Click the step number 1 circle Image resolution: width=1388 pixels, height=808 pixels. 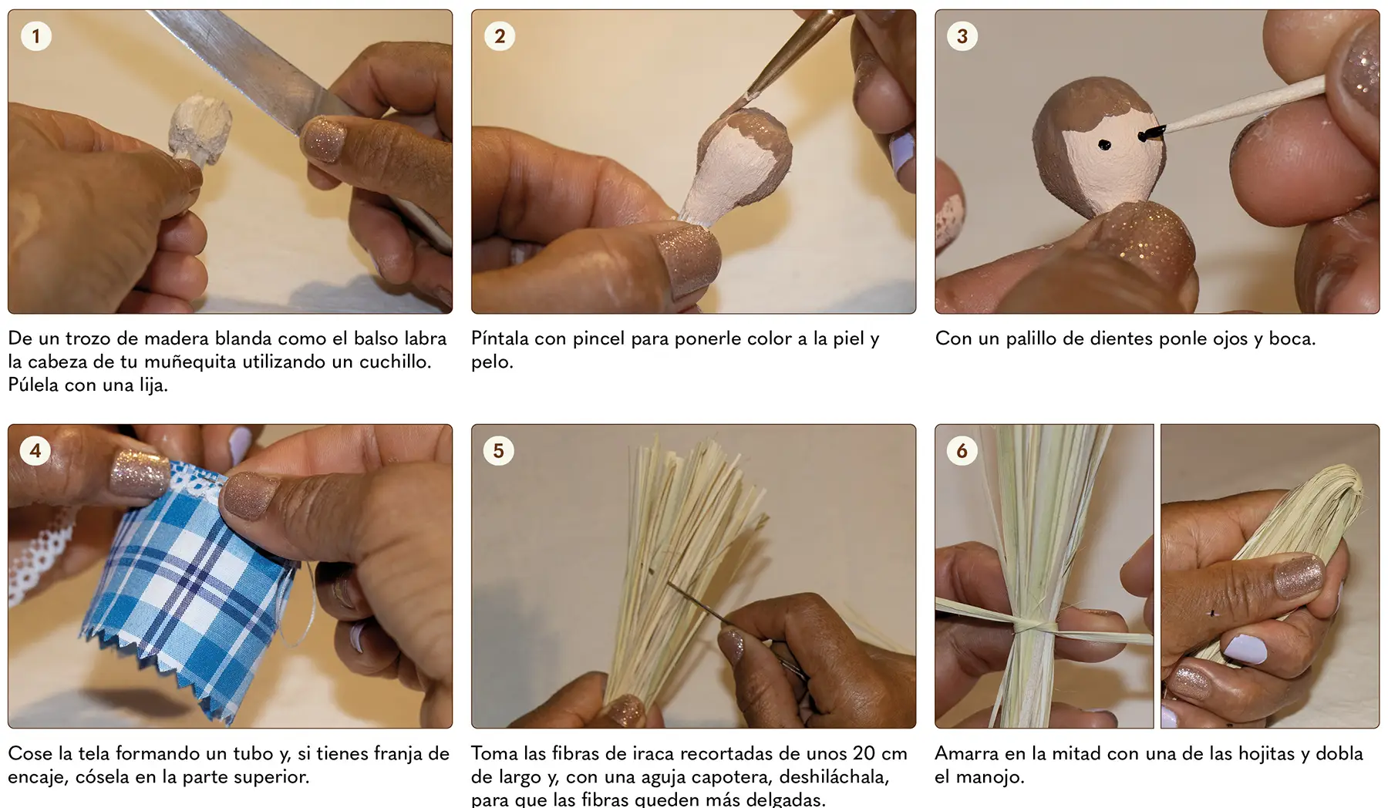pos(35,36)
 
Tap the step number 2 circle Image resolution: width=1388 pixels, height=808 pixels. pos(500,36)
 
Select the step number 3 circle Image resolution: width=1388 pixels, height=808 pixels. pos(962,36)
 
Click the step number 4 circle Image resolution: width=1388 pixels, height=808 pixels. pos(35,451)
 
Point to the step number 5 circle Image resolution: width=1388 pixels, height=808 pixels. pos(499,451)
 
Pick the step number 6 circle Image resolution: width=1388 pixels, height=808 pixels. pos(962,451)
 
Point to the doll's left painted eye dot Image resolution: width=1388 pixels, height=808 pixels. pos(1104,144)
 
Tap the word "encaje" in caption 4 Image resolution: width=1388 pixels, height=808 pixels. pos(37,777)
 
